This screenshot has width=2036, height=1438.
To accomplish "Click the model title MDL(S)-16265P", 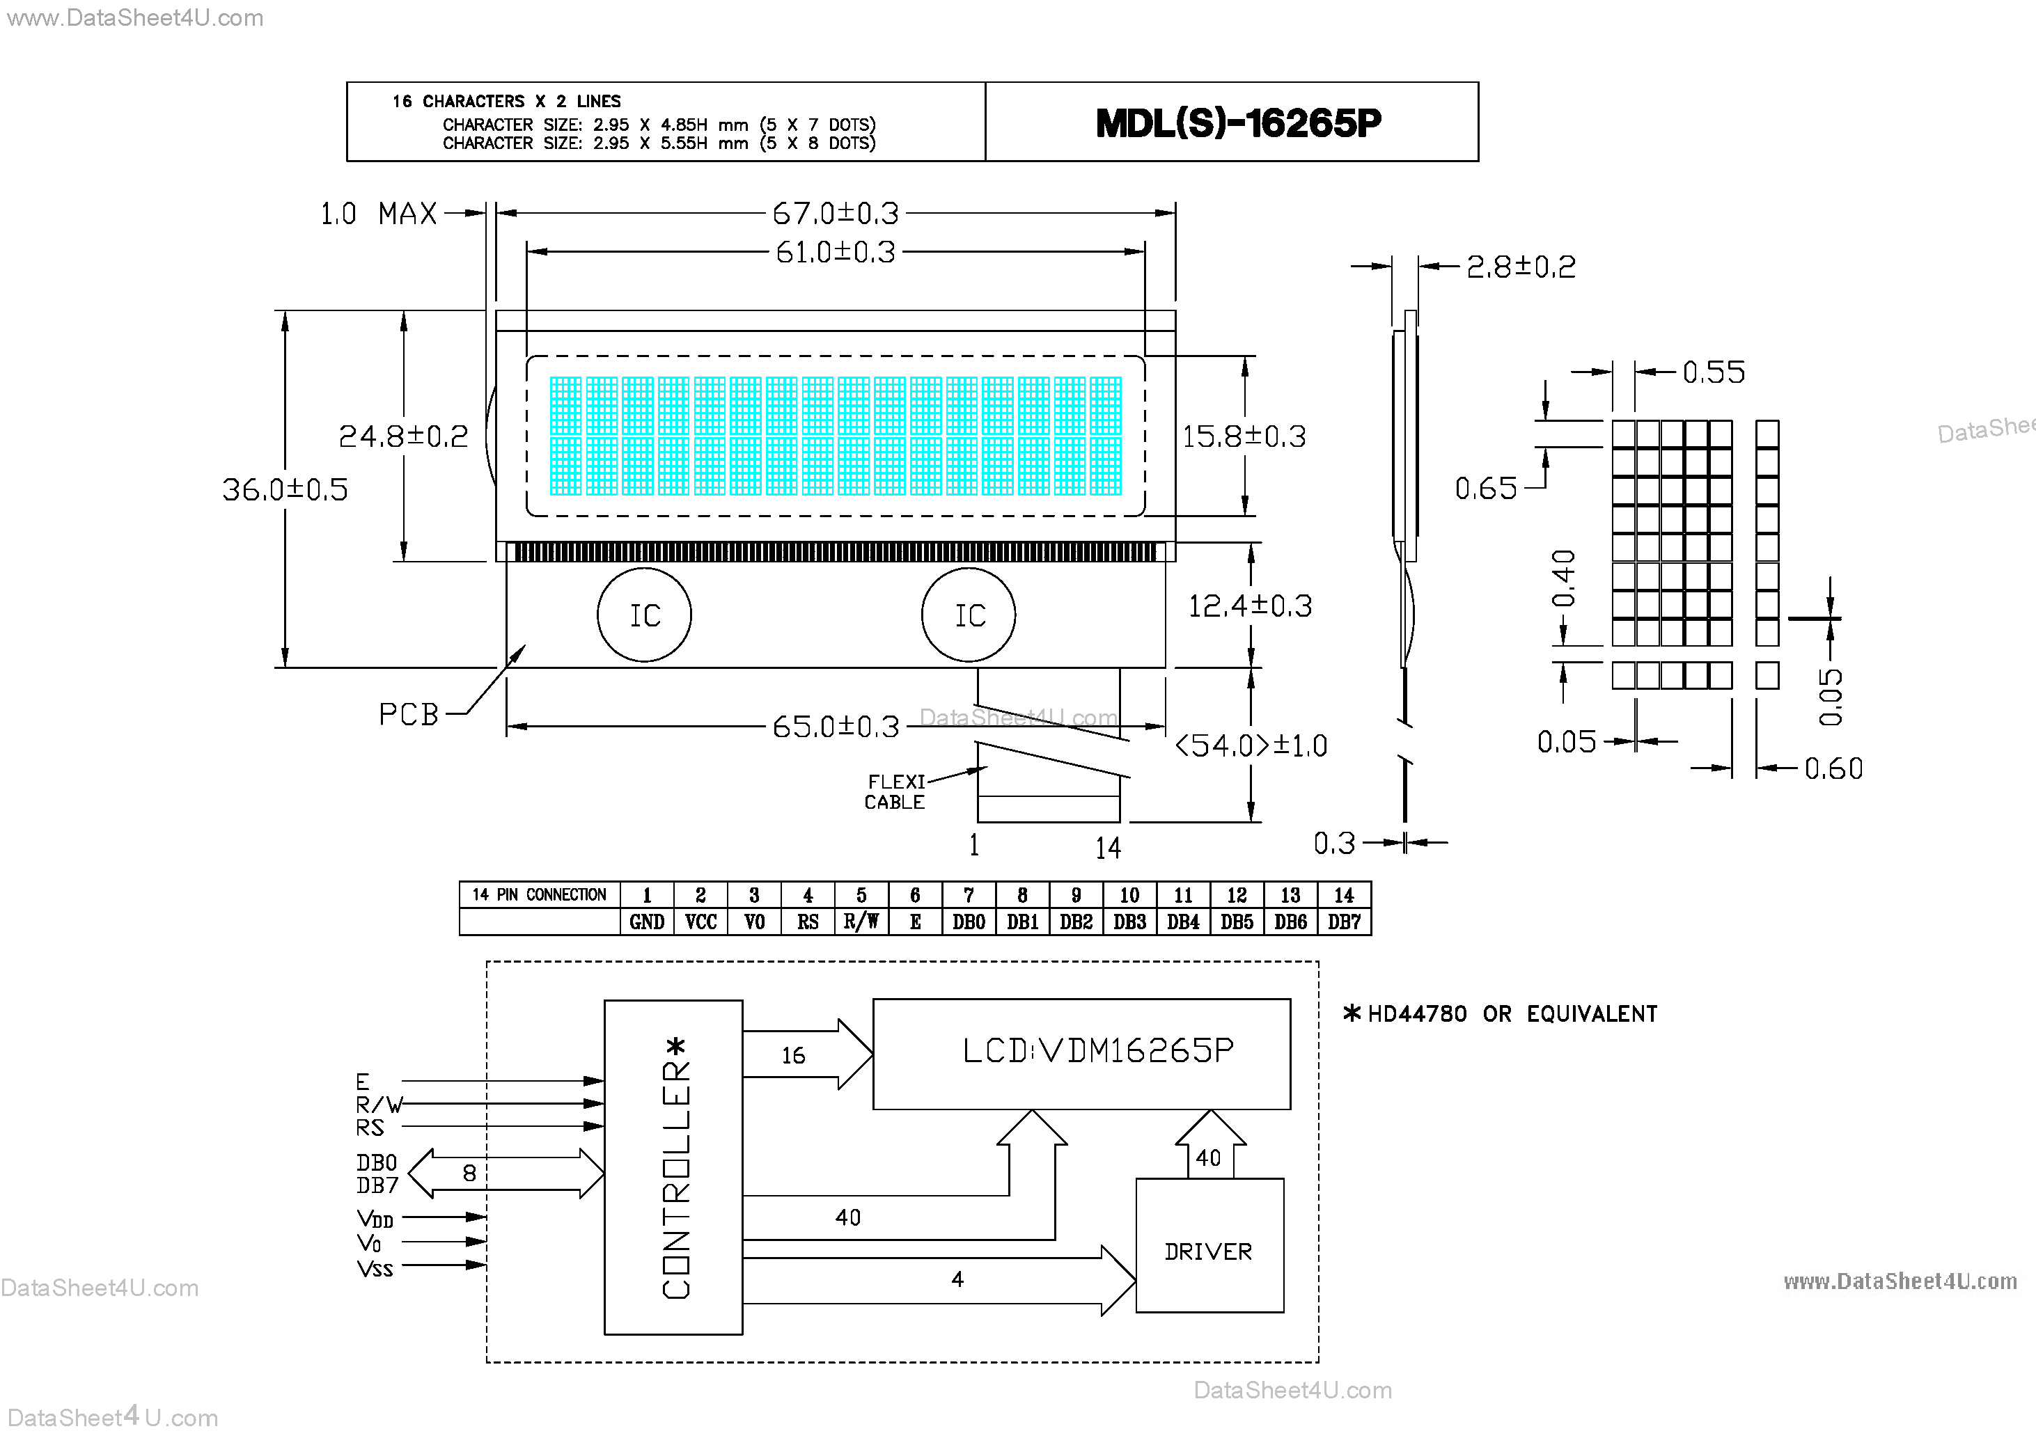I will coord(1238,123).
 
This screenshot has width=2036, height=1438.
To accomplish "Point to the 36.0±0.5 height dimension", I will coord(285,489).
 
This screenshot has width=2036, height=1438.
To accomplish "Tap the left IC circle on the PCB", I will coord(645,615).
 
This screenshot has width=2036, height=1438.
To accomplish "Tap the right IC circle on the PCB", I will coord(969,615).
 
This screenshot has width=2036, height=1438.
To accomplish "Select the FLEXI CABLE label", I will coord(895,791).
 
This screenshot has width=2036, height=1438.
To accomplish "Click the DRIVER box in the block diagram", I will coord(1209,1251).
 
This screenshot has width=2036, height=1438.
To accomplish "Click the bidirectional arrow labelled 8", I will coord(506,1174).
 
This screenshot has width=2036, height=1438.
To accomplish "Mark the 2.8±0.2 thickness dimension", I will coord(1521,267).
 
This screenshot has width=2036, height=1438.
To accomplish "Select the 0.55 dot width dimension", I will coord(1713,372).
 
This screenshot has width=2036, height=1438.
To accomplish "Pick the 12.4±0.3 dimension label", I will coord(1248,606).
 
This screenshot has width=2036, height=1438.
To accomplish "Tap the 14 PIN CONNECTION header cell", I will coord(539,895).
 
